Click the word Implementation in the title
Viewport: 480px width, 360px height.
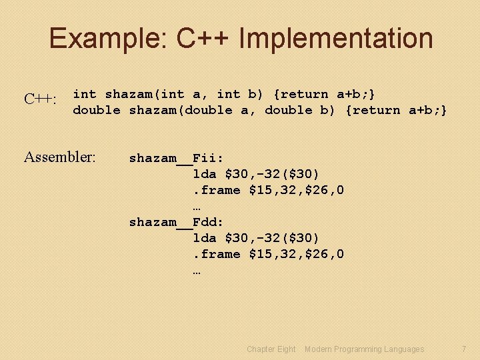(335, 39)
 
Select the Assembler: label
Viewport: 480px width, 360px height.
(60, 157)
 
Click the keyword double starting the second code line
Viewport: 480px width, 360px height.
(97, 110)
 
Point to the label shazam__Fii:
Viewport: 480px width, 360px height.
(176, 158)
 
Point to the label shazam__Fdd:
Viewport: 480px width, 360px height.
(176, 222)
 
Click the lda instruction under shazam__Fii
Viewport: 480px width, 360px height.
(205, 174)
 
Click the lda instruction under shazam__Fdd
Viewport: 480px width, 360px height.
(205, 238)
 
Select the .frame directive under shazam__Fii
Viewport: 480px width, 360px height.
(217, 190)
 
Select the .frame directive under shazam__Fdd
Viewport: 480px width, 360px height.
(217, 254)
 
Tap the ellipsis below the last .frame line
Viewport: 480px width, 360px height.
(197, 270)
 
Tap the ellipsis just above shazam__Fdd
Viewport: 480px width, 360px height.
(197, 206)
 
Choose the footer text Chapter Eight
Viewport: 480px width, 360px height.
(271, 349)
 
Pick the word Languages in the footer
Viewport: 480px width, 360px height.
(402, 349)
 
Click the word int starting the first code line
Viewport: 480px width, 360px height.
(85, 94)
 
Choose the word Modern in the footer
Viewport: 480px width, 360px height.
(318, 349)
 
